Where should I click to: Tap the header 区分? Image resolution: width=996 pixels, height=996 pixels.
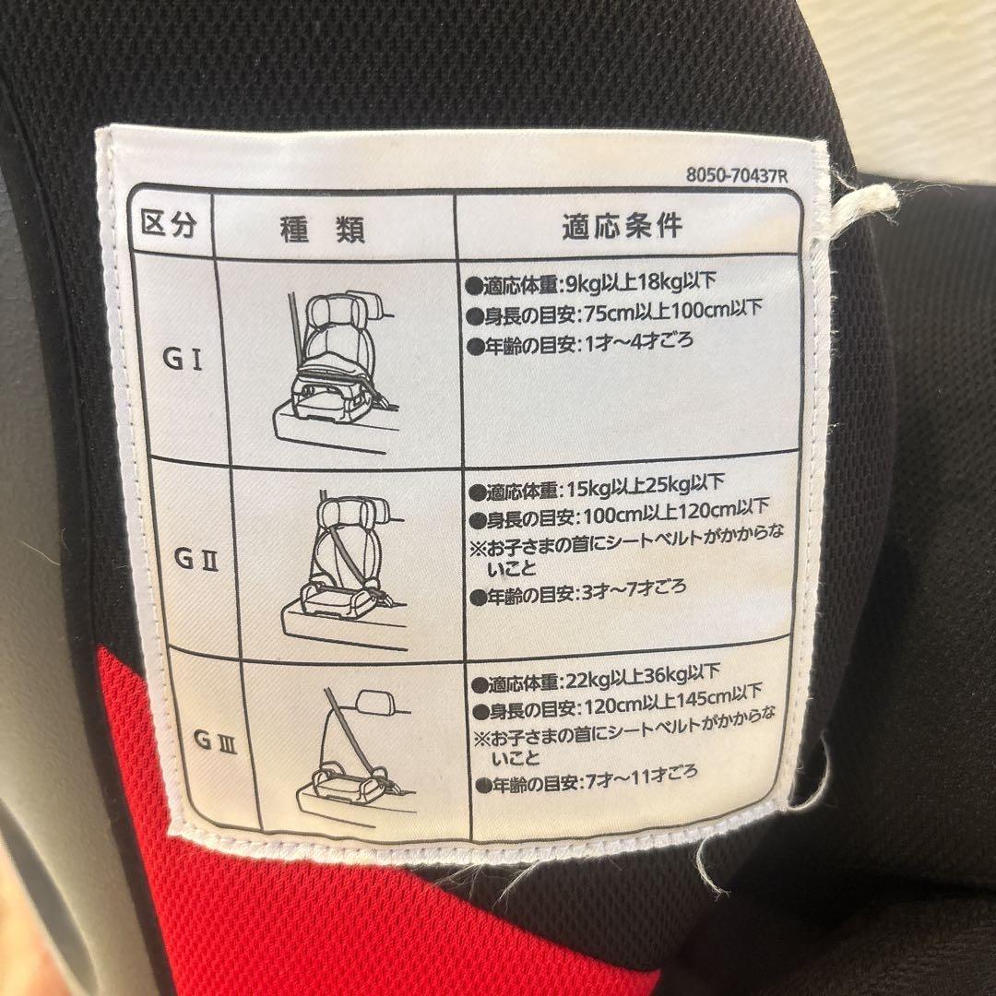[169, 224]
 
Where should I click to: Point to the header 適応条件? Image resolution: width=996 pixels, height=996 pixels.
[622, 227]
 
